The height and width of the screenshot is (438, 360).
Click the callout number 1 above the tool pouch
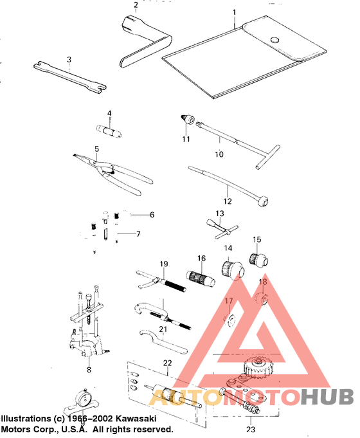(234, 12)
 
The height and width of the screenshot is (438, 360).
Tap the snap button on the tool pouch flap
(276, 40)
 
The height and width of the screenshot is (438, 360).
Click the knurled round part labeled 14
(228, 269)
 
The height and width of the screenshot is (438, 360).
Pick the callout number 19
(163, 264)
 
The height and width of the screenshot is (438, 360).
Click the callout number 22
(167, 363)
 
